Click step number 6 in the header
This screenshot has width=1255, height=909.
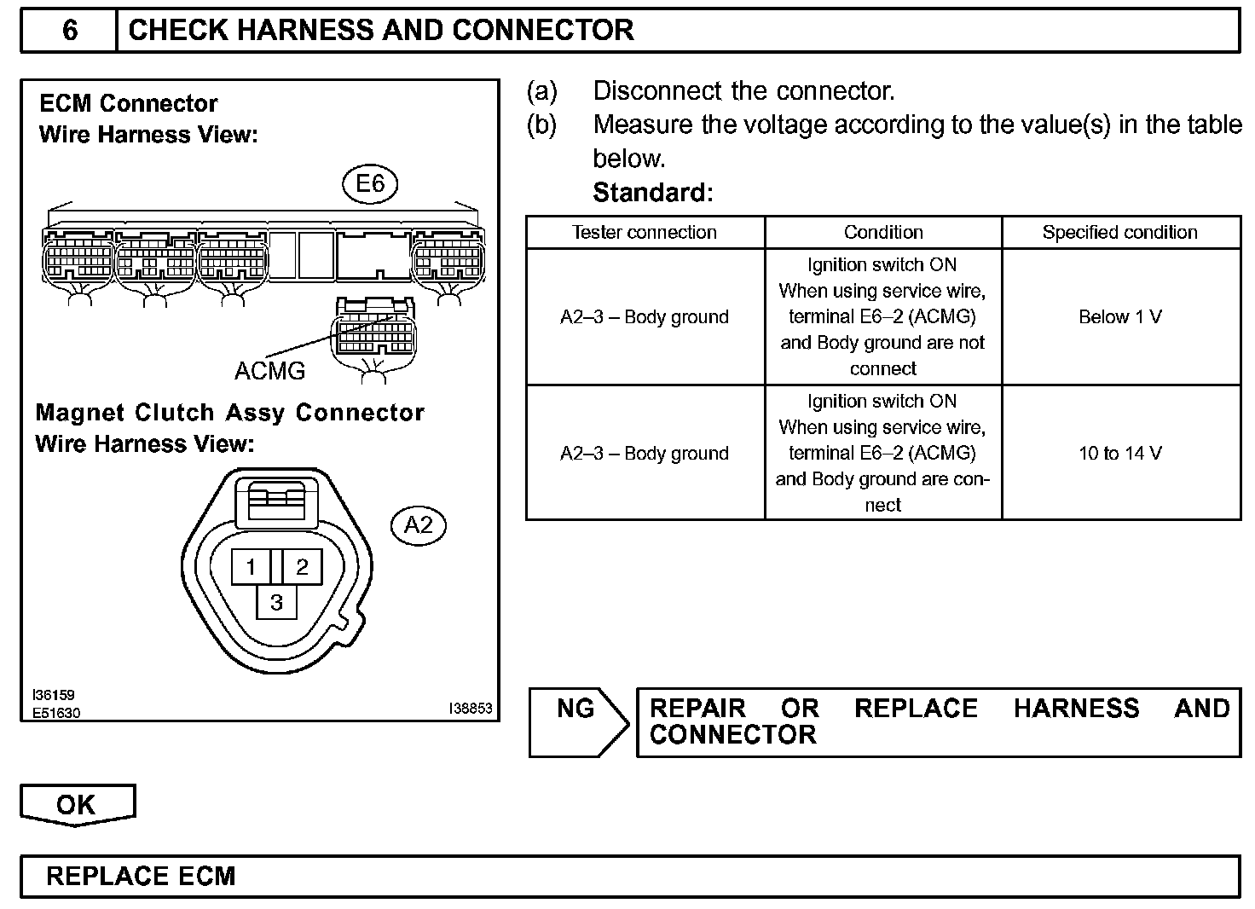pyautogui.click(x=70, y=31)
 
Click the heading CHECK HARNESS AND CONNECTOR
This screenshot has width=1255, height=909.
pyautogui.click(x=380, y=31)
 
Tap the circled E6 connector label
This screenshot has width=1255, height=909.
pyautogui.click(x=370, y=184)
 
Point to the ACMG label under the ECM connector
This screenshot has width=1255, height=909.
pyautogui.click(x=269, y=371)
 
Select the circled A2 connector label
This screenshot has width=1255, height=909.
pyautogui.click(x=418, y=525)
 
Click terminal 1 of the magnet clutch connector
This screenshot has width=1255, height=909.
pyautogui.click(x=251, y=566)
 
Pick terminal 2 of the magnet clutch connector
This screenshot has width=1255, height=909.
pyautogui.click(x=302, y=566)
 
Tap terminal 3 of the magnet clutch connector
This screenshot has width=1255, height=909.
pyautogui.click(x=276, y=603)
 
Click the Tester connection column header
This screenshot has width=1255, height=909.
pyautogui.click(x=645, y=233)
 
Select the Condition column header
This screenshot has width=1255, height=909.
pyautogui.click(x=883, y=233)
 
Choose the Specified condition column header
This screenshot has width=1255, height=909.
pyautogui.click(x=1119, y=233)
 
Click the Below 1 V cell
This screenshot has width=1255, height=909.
pyautogui.click(x=1119, y=317)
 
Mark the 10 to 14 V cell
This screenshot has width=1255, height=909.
pyautogui.click(x=1119, y=454)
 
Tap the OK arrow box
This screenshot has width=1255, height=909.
pyautogui.click(x=77, y=805)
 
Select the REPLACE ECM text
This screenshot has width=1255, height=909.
pyautogui.click(x=141, y=877)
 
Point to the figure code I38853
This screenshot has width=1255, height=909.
pyautogui.click(x=471, y=709)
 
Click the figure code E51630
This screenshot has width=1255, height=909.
pyautogui.click(x=56, y=713)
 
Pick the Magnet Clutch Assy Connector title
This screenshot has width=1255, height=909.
pyautogui.click(x=230, y=413)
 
